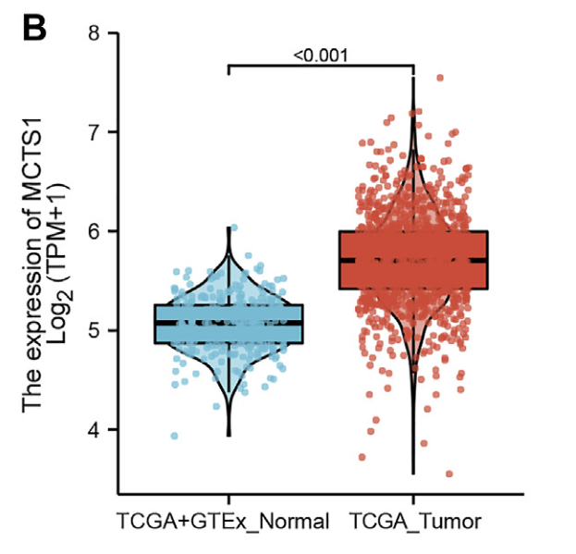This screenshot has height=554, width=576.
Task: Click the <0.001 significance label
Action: [x=320, y=55]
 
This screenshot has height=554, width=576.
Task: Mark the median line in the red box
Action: [x=413, y=260]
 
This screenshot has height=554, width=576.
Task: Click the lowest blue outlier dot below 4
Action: [x=175, y=436]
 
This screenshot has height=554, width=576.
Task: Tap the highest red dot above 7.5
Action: [x=440, y=79]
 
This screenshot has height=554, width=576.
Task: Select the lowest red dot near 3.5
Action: [x=449, y=474]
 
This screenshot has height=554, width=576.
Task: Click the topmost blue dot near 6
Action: [x=234, y=228]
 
